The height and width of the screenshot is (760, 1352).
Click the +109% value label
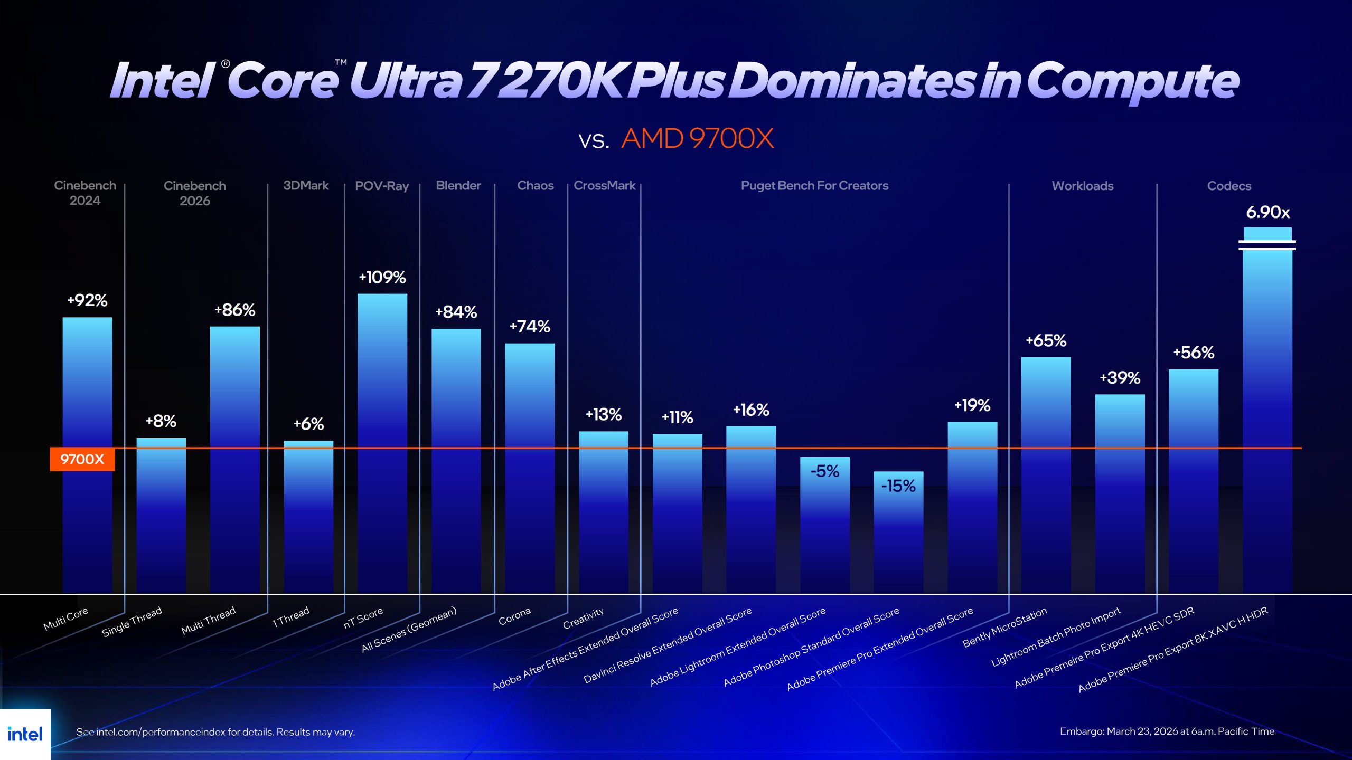tap(382, 277)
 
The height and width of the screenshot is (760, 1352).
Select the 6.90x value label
tap(1267, 212)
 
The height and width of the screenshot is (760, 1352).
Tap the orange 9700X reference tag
tap(82, 459)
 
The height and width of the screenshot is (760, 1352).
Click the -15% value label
tap(898, 486)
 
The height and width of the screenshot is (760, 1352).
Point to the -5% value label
tap(824, 471)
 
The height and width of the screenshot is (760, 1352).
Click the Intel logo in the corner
tap(25, 734)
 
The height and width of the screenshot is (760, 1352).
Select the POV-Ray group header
tap(382, 186)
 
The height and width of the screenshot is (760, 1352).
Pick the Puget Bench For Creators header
tap(814, 186)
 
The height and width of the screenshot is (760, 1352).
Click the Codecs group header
tap(1229, 186)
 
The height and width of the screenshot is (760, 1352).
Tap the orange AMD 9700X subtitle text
tap(697, 139)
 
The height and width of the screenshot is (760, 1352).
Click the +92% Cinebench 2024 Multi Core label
tap(87, 300)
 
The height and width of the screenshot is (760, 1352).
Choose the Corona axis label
tap(514, 616)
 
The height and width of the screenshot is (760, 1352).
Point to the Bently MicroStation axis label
tap(1004, 627)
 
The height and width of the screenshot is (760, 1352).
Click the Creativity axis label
tap(583, 618)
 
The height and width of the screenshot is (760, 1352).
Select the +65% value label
tap(1046, 340)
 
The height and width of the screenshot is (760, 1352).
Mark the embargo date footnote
tap(1167, 731)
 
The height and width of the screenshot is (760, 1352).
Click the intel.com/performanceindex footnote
tap(215, 732)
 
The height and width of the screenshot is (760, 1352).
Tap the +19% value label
tap(972, 405)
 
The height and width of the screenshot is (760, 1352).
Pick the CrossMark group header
tap(604, 186)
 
